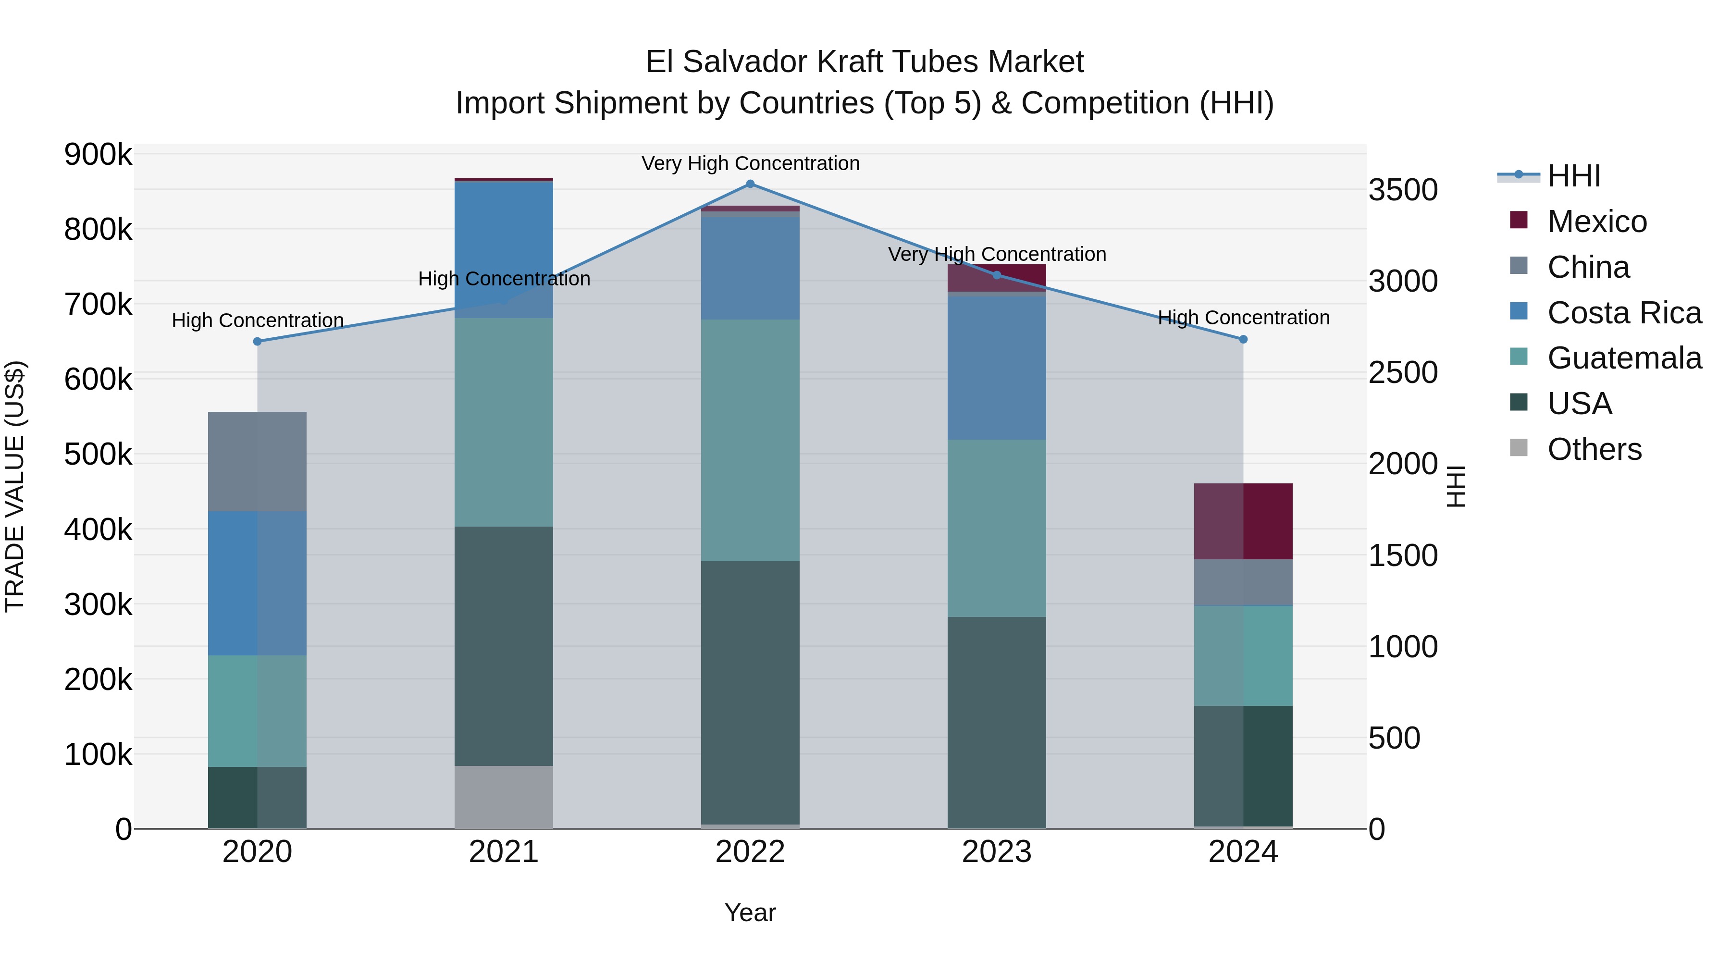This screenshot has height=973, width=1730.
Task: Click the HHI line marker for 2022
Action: (750, 184)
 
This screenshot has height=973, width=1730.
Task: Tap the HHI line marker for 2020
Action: (257, 341)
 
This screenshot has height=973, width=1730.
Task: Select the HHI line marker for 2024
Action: (1243, 339)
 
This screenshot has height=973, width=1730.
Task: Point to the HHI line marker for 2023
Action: (997, 275)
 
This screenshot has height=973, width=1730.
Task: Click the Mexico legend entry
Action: (1596, 222)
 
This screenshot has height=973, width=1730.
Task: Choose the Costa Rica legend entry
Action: (1624, 313)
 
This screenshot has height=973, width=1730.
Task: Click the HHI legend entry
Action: (1573, 176)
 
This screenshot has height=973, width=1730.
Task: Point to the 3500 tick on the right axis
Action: (1403, 190)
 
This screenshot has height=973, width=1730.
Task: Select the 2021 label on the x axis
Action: (504, 852)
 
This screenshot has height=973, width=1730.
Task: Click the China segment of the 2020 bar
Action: (257, 461)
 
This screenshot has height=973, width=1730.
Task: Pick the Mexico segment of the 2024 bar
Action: (1243, 521)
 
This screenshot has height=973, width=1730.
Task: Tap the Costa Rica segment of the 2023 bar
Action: (997, 368)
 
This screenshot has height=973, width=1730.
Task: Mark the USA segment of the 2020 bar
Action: (257, 797)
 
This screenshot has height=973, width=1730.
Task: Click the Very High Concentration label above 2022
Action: (750, 163)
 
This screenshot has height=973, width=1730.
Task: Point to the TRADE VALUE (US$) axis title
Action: (15, 486)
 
